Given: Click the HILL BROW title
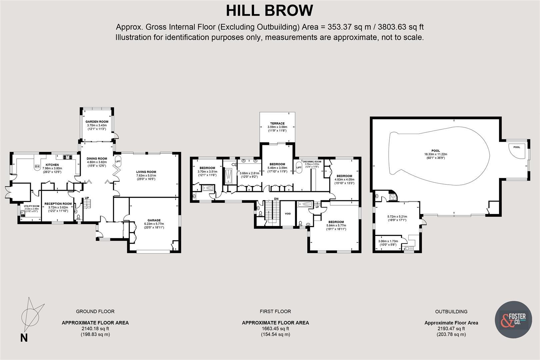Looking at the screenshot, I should pyautogui.click(x=269, y=10).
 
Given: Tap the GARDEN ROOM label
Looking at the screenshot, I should pyautogui.click(x=97, y=122).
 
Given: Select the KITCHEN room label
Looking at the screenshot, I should pyautogui.click(x=52, y=165).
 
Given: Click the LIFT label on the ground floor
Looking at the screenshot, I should pyautogui.click(x=118, y=161).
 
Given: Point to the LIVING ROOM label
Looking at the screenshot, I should pyautogui.click(x=146, y=172).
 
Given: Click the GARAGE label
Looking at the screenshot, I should pyautogui.click(x=154, y=220).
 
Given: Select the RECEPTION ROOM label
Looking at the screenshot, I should pyautogui.click(x=58, y=204).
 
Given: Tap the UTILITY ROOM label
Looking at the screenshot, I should pyautogui.click(x=31, y=206).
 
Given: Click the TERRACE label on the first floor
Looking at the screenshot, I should pyautogui.click(x=277, y=124).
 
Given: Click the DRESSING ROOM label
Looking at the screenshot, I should pyautogui.click(x=312, y=161).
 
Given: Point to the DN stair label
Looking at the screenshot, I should pyautogui.click(x=276, y=199).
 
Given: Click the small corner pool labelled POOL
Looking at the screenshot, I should pyautogui.click(x=516, y=147).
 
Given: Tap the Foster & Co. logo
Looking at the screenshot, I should pyautogui.click(x=513, y=320).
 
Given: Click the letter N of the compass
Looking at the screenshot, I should pyautogui.click(x=24, y=338).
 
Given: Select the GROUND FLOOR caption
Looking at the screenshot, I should pyautogui.click(x=95, y=311).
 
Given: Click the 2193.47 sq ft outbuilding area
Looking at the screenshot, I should pyautogui.click(x=451, y=329).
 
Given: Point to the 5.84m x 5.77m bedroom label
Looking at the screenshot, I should pyautogui.click(x=336, y=226).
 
